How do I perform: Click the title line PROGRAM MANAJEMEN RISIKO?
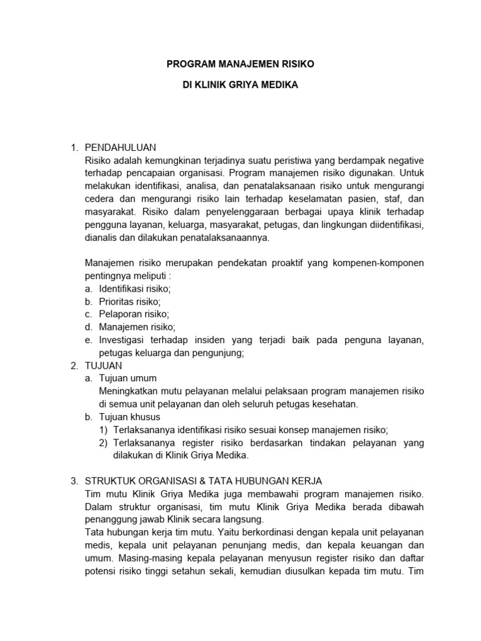[x=240, y=64]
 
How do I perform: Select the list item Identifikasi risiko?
[x=135, y=289]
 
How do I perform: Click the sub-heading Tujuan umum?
[x=128, y=378]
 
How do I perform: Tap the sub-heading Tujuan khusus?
[x=130, y=417]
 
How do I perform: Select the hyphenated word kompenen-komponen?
[x=382, y=263]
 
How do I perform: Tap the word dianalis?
[x=101, y=238]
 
